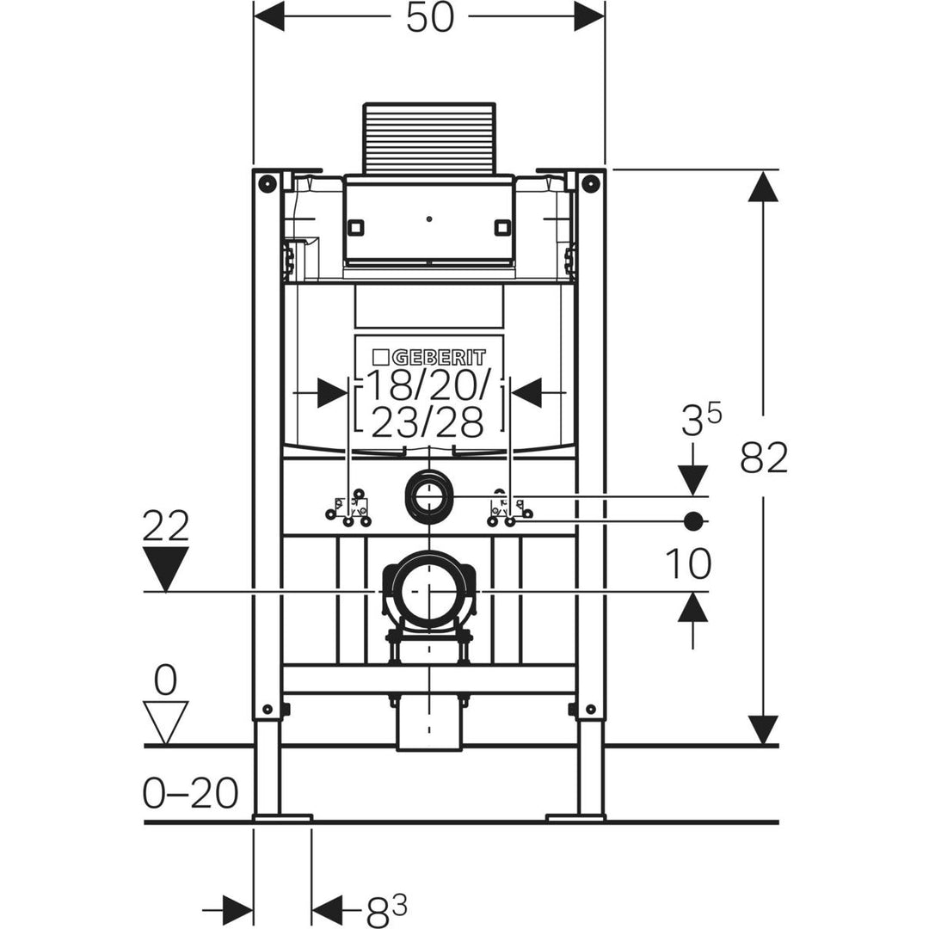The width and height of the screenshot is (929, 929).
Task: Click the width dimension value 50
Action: point(429,18)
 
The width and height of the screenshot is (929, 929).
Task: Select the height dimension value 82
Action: point(764,458)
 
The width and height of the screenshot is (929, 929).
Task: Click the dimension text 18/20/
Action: point(428,387)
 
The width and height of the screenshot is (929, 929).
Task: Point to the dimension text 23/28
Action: point(426,421)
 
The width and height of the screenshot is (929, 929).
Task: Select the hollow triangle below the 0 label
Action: point(165,721)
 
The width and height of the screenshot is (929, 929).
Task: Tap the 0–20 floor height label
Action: point(189,793)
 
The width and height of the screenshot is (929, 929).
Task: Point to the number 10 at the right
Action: point(688,564)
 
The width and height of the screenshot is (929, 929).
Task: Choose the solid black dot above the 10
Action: point(693,520)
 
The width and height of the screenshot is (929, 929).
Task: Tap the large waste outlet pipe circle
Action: point(428,592)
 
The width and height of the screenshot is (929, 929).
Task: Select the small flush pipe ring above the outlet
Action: point(428,496)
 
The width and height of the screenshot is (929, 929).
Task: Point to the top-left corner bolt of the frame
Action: point(267,183)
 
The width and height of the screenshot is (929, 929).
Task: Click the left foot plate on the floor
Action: point(282,815)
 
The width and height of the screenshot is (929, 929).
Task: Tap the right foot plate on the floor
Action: point(575,815)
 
